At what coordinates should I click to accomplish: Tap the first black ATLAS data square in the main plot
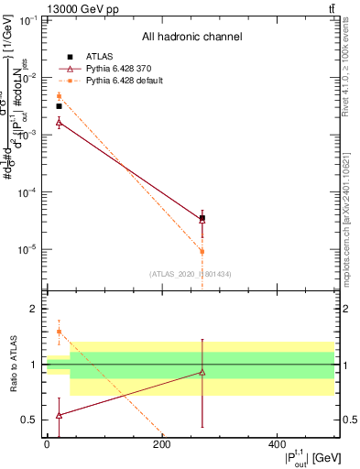pyautogui.click(x=59, y=106)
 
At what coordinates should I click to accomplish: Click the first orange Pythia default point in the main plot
pyautogui.click(x=59, y=96)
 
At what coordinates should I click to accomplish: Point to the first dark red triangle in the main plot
pyautogui.click(x=59, y=122)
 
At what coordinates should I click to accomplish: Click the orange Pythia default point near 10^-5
pyautogui.click(x=202, y=251)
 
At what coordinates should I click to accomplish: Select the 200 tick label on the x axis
pyautogui.click(x=161, y=445)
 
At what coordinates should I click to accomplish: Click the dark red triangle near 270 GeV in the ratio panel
pyautogui.click(x=202, y=372)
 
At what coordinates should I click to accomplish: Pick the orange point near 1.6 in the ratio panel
pyautogui.click(x=59, y=332)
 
